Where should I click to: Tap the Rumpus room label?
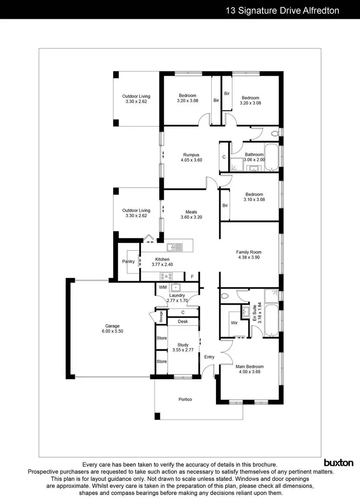pyautogui.click(x=191, y=154)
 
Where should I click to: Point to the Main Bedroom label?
pyautogui.click(x=249, y=367)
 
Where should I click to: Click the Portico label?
pyautogui.click(x=185, y=399)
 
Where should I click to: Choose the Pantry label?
pyautogui.click(x=128, y=261)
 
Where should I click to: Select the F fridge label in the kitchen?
pyautogui.click(x=192, y=277)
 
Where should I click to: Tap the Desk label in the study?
pyautogui.click(x=182, y=321)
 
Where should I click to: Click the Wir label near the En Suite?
pyautogui.click(x=235, y=323)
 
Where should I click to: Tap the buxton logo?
pyautogui.click(x=338, y=463)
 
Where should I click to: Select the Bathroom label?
pyautogui.click(x=254, y=154)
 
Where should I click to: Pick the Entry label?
pyautogui.click(x=209, y=357)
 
